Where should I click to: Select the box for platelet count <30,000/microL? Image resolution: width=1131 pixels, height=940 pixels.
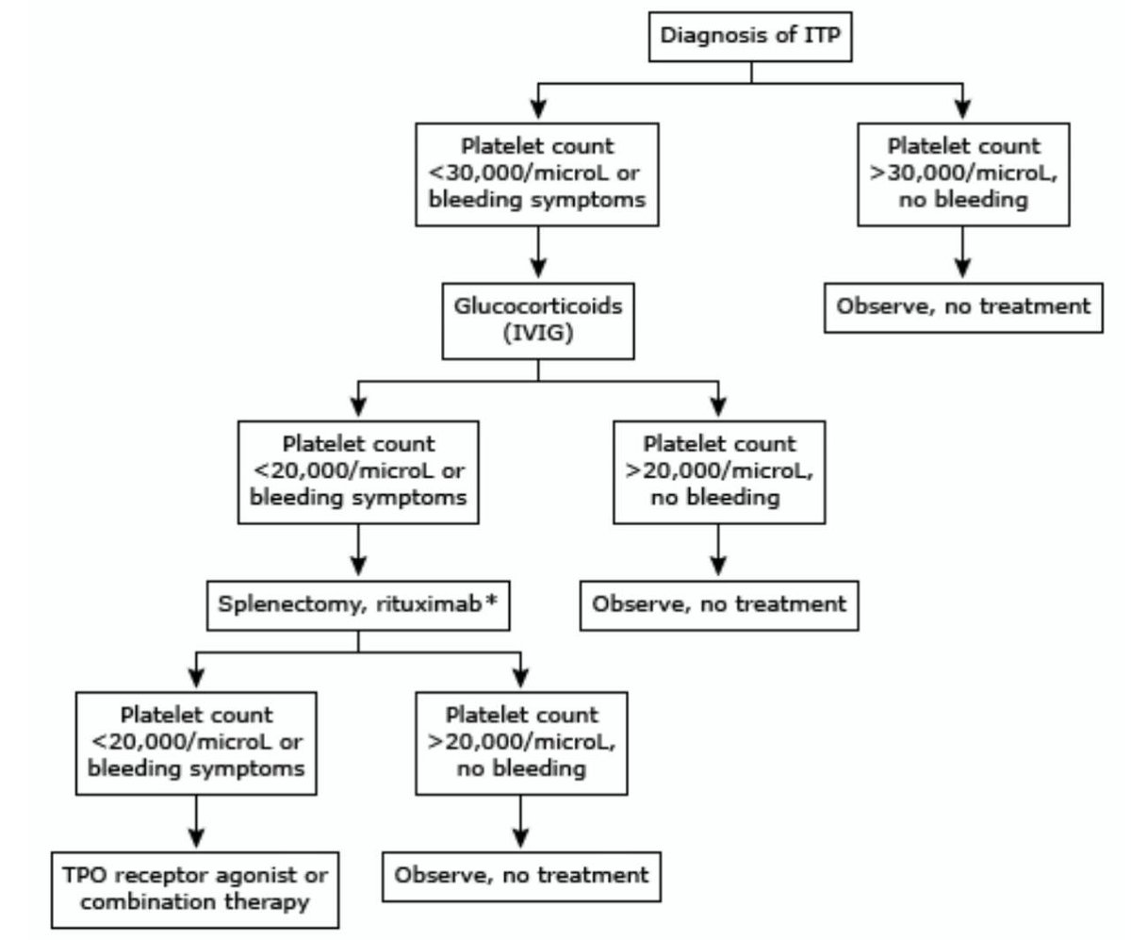pos(536,173)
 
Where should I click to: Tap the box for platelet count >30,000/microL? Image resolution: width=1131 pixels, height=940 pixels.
pos(962,173)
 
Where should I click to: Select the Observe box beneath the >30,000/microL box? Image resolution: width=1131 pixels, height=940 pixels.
pos(962,306)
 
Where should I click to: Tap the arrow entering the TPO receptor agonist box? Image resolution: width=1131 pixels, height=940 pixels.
pos(196,827)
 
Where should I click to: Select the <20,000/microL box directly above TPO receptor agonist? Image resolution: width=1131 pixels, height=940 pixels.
pos(196,742)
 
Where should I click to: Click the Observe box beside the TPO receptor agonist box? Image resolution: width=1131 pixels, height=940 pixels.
pos(521,876)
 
